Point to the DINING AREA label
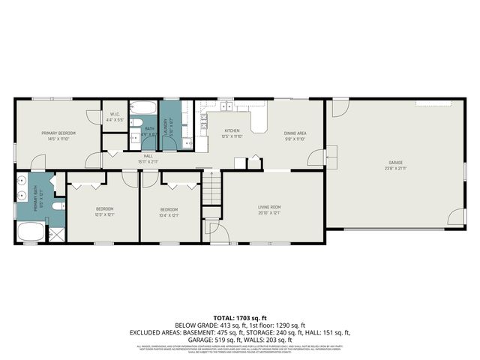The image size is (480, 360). (295, 133)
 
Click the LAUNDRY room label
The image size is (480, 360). (170, 120)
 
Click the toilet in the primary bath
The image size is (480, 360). (59, 205)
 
